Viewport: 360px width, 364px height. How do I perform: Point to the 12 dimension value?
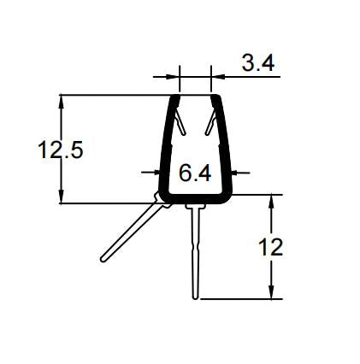point(269,248)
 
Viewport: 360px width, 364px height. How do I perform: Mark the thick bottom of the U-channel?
point(196,200)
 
